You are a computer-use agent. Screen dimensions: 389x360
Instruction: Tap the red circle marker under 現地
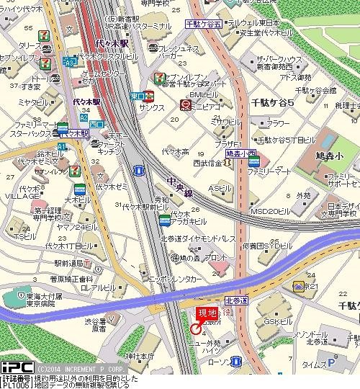tap(195, 328)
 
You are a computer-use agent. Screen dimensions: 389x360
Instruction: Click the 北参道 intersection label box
tap(235, 300)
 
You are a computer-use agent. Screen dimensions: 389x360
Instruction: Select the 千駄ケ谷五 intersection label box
tap(203, 23)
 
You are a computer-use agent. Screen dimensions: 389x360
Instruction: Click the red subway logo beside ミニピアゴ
tap(184, 104)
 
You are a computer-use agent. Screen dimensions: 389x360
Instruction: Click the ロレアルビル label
tap(94, 288)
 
